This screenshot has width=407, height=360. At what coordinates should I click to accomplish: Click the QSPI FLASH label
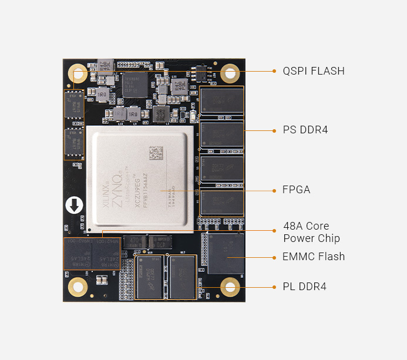[x=314, y=71]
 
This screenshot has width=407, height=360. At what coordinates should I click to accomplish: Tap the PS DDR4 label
[x=305, y=130]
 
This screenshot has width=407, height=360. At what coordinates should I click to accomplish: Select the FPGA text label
[x=297, y=190]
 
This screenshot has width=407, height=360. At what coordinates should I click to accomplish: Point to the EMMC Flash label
[x=314, y=257]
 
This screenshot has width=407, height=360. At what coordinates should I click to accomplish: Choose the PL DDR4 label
[x=304, y=287]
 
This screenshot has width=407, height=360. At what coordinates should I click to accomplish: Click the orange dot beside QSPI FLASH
[x=274, y=71]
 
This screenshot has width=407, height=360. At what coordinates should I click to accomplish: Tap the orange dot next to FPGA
[x=274, y=190]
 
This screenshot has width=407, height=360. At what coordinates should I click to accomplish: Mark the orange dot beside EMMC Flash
[x=274, y=257]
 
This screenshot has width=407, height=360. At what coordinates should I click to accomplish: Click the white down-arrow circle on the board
[x=75, y=206]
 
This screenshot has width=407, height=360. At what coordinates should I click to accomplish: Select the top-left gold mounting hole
[x=78, y=73]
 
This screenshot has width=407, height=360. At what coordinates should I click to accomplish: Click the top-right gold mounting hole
[x=230, y=73]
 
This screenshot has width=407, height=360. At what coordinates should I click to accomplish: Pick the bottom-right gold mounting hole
[x=230, y=287]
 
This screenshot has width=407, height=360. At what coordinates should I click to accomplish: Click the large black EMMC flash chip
[x=226, y=254]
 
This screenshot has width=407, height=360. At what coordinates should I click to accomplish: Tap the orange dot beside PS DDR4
[x=274, y=130]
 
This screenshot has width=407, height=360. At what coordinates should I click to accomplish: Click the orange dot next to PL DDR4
[x=274, y=287]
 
